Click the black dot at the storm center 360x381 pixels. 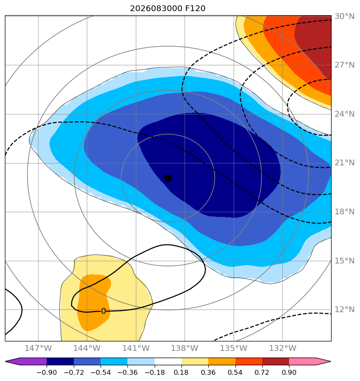pyautogui.click(x=168, y=178)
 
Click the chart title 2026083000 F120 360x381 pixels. pyautogui.click(x=168, y=9)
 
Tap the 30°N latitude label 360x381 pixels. pyautogui.click(x=344, y=16)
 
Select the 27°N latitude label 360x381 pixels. pyautogui.click(x=344, y=65)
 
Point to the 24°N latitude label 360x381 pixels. pyautogui.click(x=344, y=114)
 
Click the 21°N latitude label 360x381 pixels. pyautogui.click(x=344, y=163)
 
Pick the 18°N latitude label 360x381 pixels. pyautogui.click(x=344, y=212)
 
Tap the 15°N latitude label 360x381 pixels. pyautogui.click(x=344, y=261)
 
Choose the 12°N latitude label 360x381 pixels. pyautogui.click(x=344, y=310)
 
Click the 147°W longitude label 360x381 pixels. pyautogui.click(x=38, y=348)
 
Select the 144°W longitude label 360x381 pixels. pyautogui.click(x=87, y=348)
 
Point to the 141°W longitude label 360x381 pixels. pyautogui.click(x=136, y=348)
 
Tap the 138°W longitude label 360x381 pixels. pyautogui.click(x=184, y=348)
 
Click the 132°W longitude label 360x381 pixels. pyautogui.click(x=282, y=348)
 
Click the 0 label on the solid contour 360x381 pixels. pyautogui.click(x=104, y=311)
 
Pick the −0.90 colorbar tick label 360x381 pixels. pyautogui.click(x=47, y=372)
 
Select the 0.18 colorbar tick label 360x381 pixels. pyautogui.click(x=181, y=372)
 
